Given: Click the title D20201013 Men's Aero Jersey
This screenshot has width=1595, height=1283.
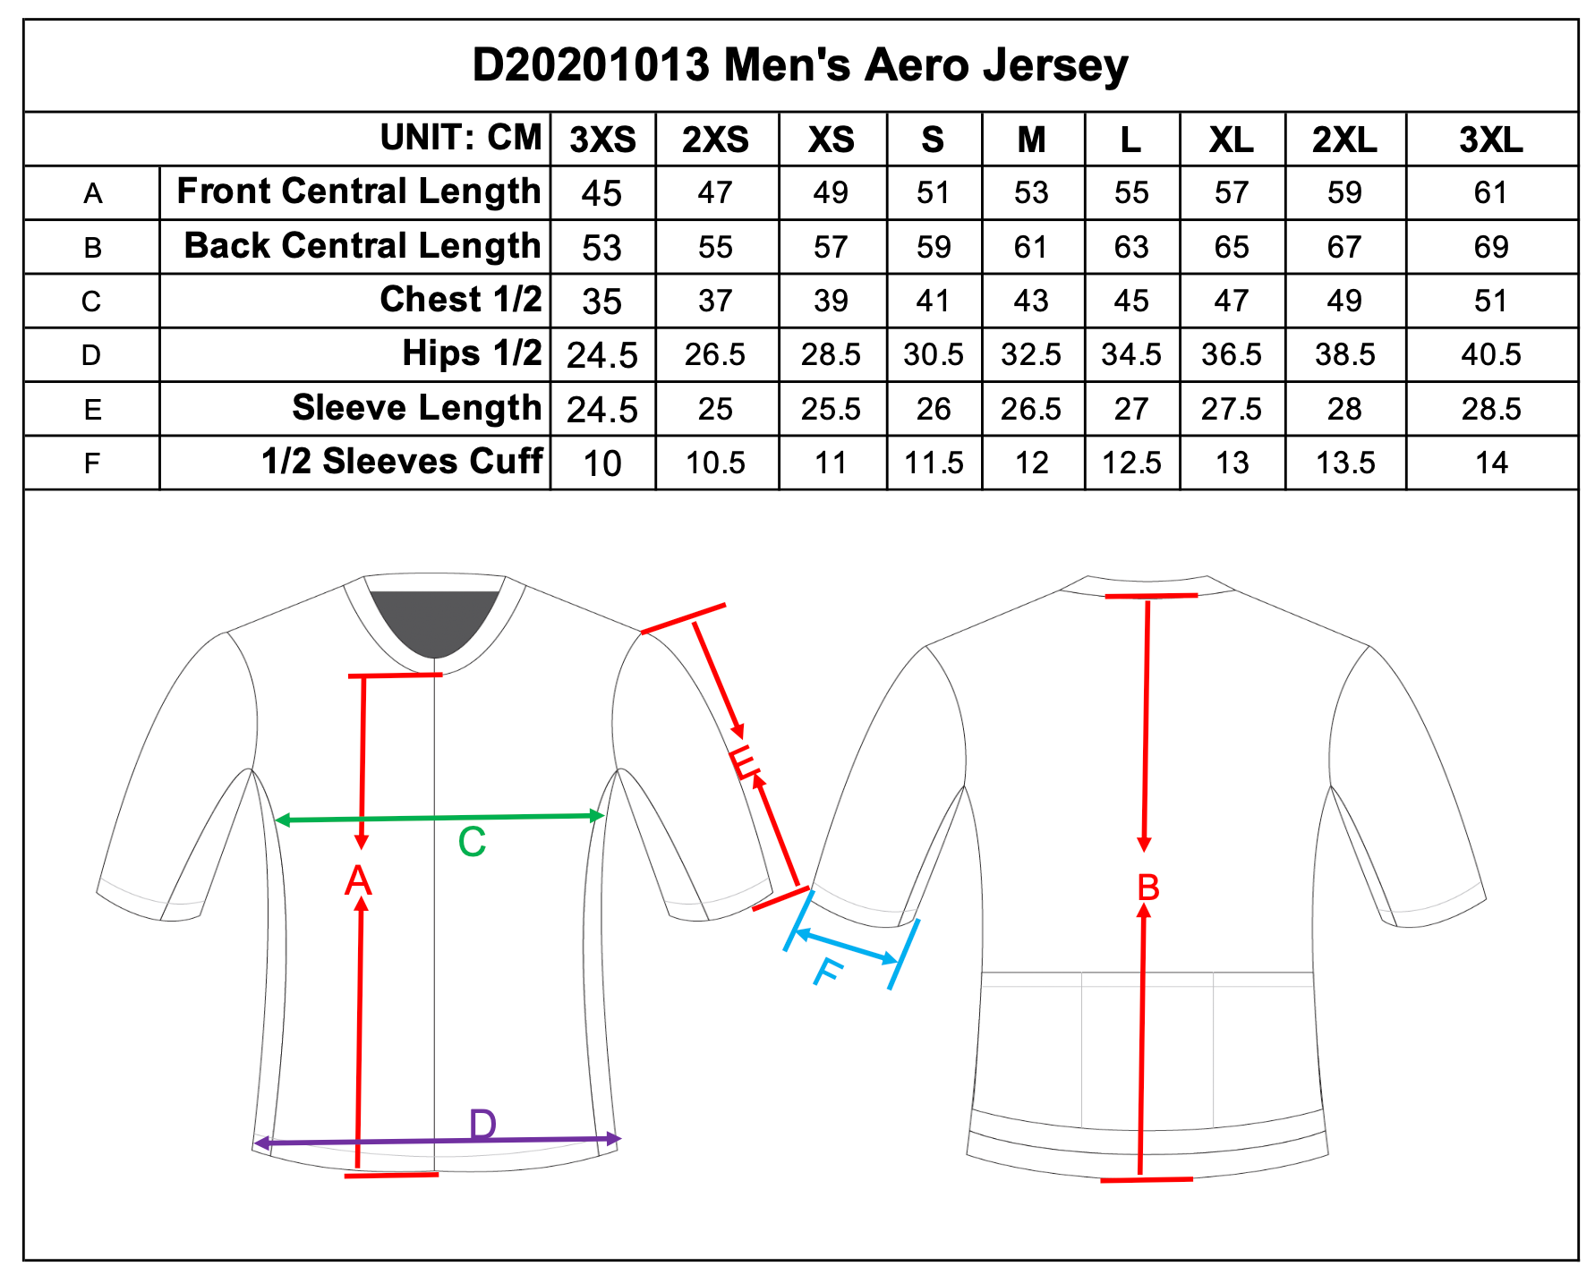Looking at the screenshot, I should [799, 65].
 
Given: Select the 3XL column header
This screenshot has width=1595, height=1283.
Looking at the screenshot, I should [1490, 140].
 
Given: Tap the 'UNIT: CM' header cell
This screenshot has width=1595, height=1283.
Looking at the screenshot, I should [461, 138].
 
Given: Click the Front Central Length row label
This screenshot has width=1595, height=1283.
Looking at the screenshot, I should [358, 191].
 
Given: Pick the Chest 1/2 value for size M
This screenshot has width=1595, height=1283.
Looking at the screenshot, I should [1031, 301].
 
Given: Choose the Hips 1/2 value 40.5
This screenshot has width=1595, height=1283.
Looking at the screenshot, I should [1490, 354].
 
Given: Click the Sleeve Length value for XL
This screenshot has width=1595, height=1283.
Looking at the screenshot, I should [1231, 409].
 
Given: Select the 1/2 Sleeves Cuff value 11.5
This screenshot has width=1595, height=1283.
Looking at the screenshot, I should [934, 463].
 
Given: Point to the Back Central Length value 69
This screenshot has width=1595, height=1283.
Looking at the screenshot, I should [1490, 247].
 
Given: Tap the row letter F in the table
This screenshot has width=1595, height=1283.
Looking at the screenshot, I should [91, 463].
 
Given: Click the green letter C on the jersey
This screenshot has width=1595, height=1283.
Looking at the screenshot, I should [472, 843].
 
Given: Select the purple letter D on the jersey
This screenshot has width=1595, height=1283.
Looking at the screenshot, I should [482, 1124].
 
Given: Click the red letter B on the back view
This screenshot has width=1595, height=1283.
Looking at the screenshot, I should [1147, 888].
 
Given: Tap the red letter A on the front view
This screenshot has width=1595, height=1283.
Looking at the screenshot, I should [358, 881].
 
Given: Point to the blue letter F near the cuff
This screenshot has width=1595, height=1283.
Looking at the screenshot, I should [828, 972].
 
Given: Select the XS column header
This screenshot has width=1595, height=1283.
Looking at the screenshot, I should [831, 140].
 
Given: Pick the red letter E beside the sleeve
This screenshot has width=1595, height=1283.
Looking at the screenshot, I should [745, 762].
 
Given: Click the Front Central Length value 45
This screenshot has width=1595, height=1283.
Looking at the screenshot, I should [601, 193].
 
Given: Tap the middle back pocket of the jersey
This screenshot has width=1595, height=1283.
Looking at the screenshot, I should [1147, 1051].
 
